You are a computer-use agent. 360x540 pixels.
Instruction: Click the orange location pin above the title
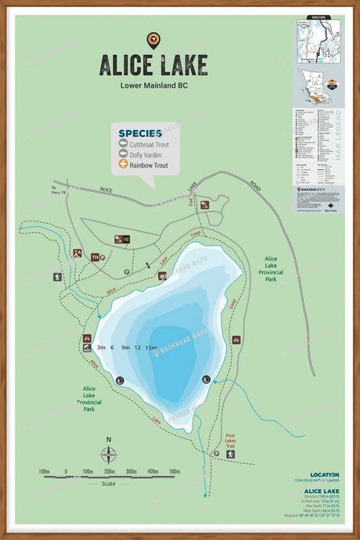tap(153, 40)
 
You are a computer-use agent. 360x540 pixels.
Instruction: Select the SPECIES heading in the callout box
tap(140, 133)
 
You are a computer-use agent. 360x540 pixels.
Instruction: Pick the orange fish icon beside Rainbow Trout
tap(123, 165)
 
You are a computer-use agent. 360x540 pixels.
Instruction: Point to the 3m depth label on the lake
tap(101, 347)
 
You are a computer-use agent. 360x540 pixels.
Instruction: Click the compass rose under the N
tap(109, 455)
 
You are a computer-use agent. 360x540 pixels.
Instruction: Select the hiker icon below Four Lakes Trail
tap(231, 454)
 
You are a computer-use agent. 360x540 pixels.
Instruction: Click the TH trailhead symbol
tap(95, 257)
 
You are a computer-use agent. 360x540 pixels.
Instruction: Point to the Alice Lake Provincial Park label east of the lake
tap(271, 268)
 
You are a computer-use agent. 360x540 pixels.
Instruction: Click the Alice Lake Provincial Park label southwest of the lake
tap(89, 398)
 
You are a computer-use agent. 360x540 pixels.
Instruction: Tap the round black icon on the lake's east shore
tap(206, 380)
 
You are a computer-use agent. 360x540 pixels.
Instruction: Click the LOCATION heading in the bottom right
tap(324, 474)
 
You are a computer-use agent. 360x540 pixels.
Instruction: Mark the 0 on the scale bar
tap(66, 472)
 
